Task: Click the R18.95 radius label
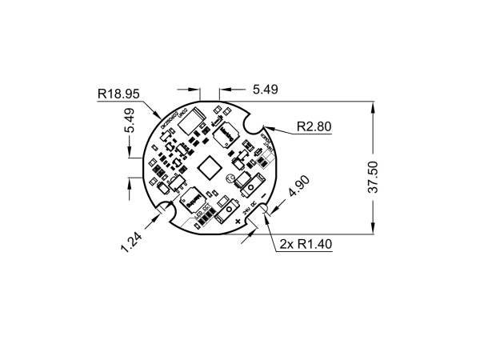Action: (x=118, y=94)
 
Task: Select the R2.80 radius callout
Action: (x=314, y=126)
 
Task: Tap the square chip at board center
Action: (x=210, y=167)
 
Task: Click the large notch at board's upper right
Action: (x=257, y=122)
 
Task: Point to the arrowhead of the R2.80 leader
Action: (x=268, y=126)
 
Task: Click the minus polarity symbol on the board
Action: (x=264, y=194)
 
